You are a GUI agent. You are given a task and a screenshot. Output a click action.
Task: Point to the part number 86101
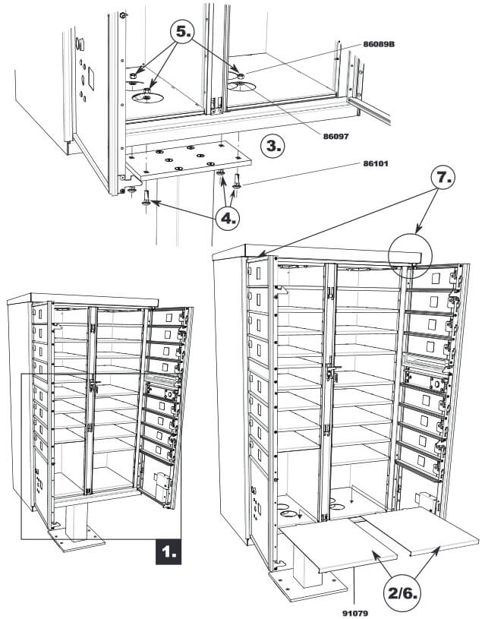(x=378, y=164)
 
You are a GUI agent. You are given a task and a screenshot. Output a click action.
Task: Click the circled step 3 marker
(x=270, y=145)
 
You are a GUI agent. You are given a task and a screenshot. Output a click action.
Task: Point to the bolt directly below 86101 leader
(x=236, y=182)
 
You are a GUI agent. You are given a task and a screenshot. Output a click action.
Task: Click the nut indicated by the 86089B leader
(x=240, y=76)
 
